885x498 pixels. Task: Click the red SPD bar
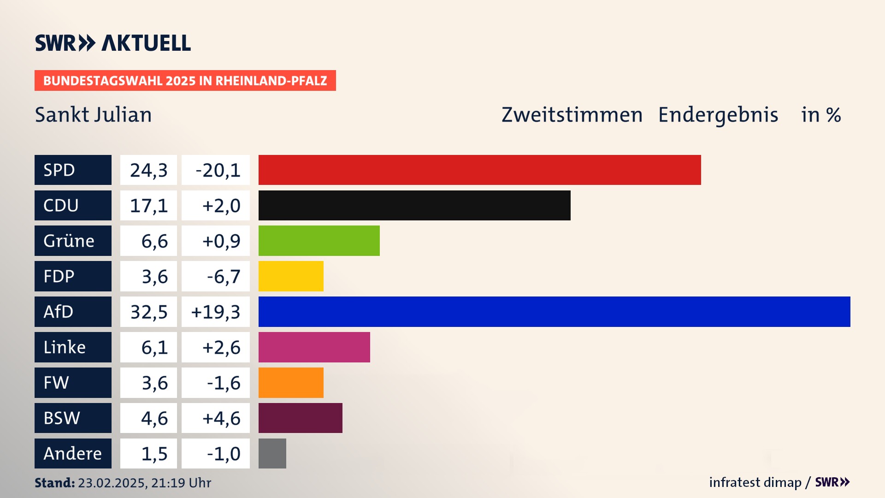pos(479,170)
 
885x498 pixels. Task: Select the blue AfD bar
pos(554,312)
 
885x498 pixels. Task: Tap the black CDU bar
pos(414,205)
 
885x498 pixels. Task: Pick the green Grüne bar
pos(319,241)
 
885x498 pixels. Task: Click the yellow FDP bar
pos(291,276)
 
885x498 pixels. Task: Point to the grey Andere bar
pos(272,453)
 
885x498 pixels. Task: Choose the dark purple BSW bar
pos(301,418)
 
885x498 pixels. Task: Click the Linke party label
pos(73,347)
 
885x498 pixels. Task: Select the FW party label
pos(73,383)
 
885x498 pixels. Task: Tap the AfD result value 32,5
pos(148,312)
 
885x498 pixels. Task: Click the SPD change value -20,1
pos(216,170)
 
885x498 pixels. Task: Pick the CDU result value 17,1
pos(148,205)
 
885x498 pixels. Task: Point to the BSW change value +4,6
pos(216,418)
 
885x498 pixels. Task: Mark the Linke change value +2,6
pos(216,347)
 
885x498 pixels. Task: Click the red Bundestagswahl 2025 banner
pos(185,81)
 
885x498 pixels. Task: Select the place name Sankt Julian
pos(93,115)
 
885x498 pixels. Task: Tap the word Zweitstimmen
pos(572,115)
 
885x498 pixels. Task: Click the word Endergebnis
pos(718,115)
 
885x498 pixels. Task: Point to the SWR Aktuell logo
pos(113,43)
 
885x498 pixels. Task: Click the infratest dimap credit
pos(755,482)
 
